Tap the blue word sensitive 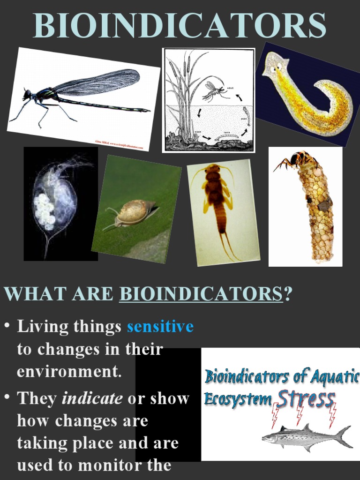click(160, 326)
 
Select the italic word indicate click(92, 398)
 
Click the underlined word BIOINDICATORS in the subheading click(201, 294)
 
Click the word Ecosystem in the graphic click(238, 400)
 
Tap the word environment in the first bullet click(69, 371)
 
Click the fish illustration click(305, 437)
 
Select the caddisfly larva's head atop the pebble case click(297, 159)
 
